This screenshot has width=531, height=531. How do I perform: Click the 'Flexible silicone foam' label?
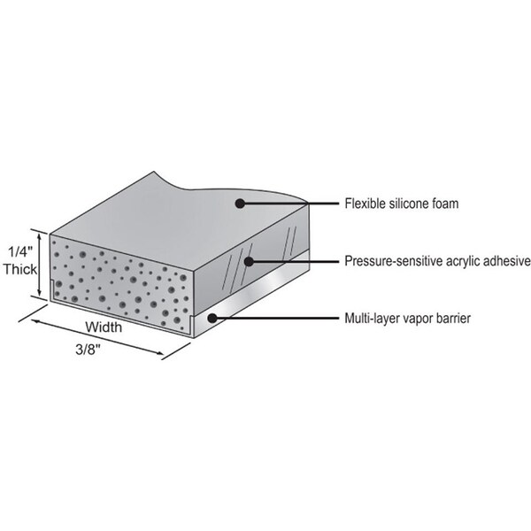pyautogui.click(x=402, y=204)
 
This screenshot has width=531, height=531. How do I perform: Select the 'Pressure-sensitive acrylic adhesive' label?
pyautogui.click(x=437, y=261)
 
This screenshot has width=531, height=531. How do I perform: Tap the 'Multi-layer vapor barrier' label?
pyautogui.click(x=408, y=319)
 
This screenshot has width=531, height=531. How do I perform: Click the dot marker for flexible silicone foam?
pyautogui.click(x=240, y=204)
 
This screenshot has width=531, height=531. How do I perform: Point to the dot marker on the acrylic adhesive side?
pyautogui.click(x=249, y=261)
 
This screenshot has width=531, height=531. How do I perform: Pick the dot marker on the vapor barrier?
pyautogui.click(x=212, y=318)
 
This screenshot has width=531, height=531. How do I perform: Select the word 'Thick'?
pyautogui.click(x=20, y=270)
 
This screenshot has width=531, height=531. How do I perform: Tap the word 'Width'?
pyautogui.click(x=104, y=327)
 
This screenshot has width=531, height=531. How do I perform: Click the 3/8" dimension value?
pyautogui.click(x=88, y=350)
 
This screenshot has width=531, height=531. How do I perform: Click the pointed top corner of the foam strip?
pyautogui.click(x=154, y=172)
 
